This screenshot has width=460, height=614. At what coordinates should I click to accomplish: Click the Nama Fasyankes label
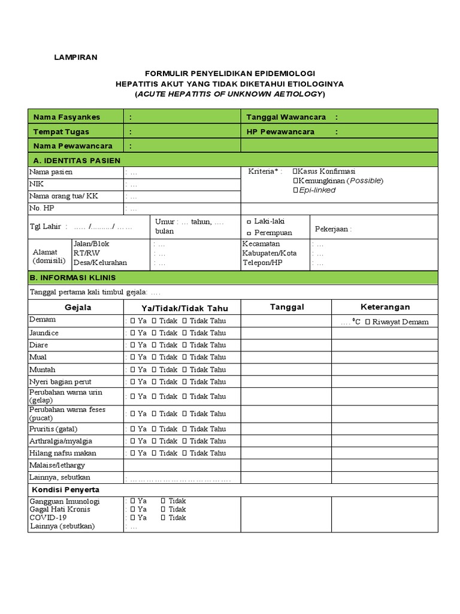[66, 117]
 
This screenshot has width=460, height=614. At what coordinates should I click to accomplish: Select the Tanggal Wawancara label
[287, 117]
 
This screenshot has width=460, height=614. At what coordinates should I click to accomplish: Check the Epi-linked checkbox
[295, 190]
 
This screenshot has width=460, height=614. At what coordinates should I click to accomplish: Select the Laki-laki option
[249, 222]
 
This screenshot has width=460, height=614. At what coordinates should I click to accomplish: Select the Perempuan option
[249, 233]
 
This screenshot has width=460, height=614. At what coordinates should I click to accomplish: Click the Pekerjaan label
[333, 229]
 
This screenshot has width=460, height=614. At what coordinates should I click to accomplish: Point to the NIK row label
[38, 185]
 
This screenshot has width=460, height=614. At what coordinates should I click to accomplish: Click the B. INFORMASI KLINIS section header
[74, 278]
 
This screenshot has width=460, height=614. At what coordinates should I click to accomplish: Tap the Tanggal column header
[287, 307]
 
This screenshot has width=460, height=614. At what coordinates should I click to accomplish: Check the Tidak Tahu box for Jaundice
[184, 333]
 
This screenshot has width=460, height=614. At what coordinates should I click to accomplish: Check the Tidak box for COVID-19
[163, 517]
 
